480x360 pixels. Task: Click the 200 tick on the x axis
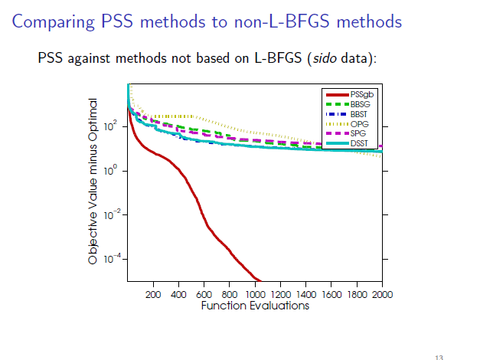[153, 294]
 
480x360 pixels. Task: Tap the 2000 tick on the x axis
[382, 294]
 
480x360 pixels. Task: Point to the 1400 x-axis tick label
[306, 294]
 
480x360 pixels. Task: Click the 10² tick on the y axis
[111, 126]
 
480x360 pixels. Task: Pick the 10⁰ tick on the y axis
[111, 171]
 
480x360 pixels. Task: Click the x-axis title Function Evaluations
[255, 306]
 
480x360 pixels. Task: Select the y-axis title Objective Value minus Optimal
[93, 182]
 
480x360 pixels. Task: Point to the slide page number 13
[438, 356]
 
